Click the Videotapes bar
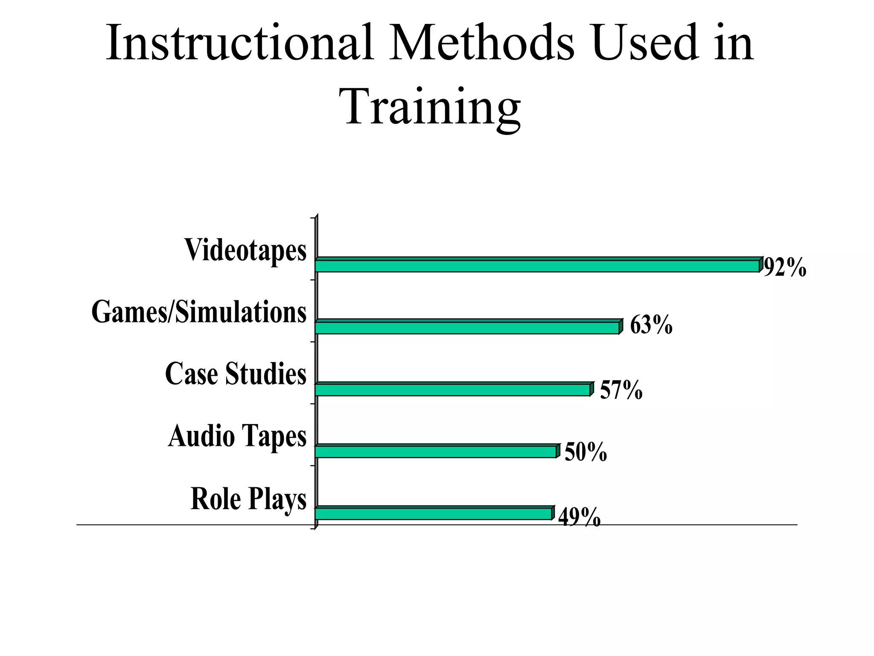point(538,265)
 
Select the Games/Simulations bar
point(468,327)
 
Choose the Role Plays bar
point(434,513)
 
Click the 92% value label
point(784,268)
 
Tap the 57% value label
point(621,389)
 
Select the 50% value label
point(586,452)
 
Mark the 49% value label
point(579,518)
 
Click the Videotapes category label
point(245,250)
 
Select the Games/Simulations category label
point(199,312)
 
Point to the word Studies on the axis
point(265,374)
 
